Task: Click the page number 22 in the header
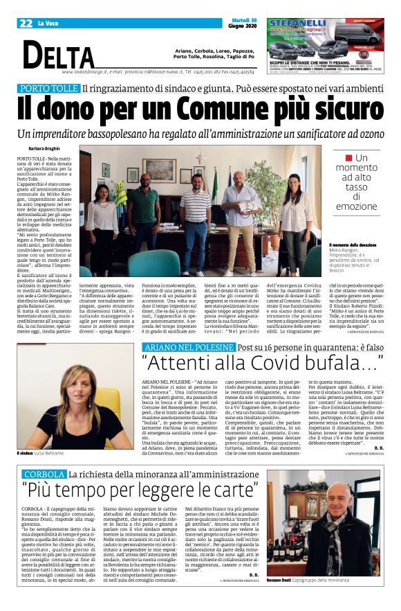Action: [26, 23]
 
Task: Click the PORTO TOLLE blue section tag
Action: [48, 88]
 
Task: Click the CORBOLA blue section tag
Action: [43, 454]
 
